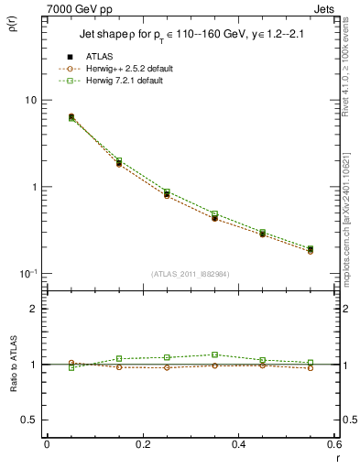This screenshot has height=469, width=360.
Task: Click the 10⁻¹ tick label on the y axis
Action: point(27,274)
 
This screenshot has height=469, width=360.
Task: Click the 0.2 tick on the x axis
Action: point(142,444)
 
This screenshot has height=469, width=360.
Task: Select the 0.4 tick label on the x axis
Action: point(237,444)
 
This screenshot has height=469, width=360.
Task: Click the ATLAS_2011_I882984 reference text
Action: point(190,274)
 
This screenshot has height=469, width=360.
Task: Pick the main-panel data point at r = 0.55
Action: point(310,249)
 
